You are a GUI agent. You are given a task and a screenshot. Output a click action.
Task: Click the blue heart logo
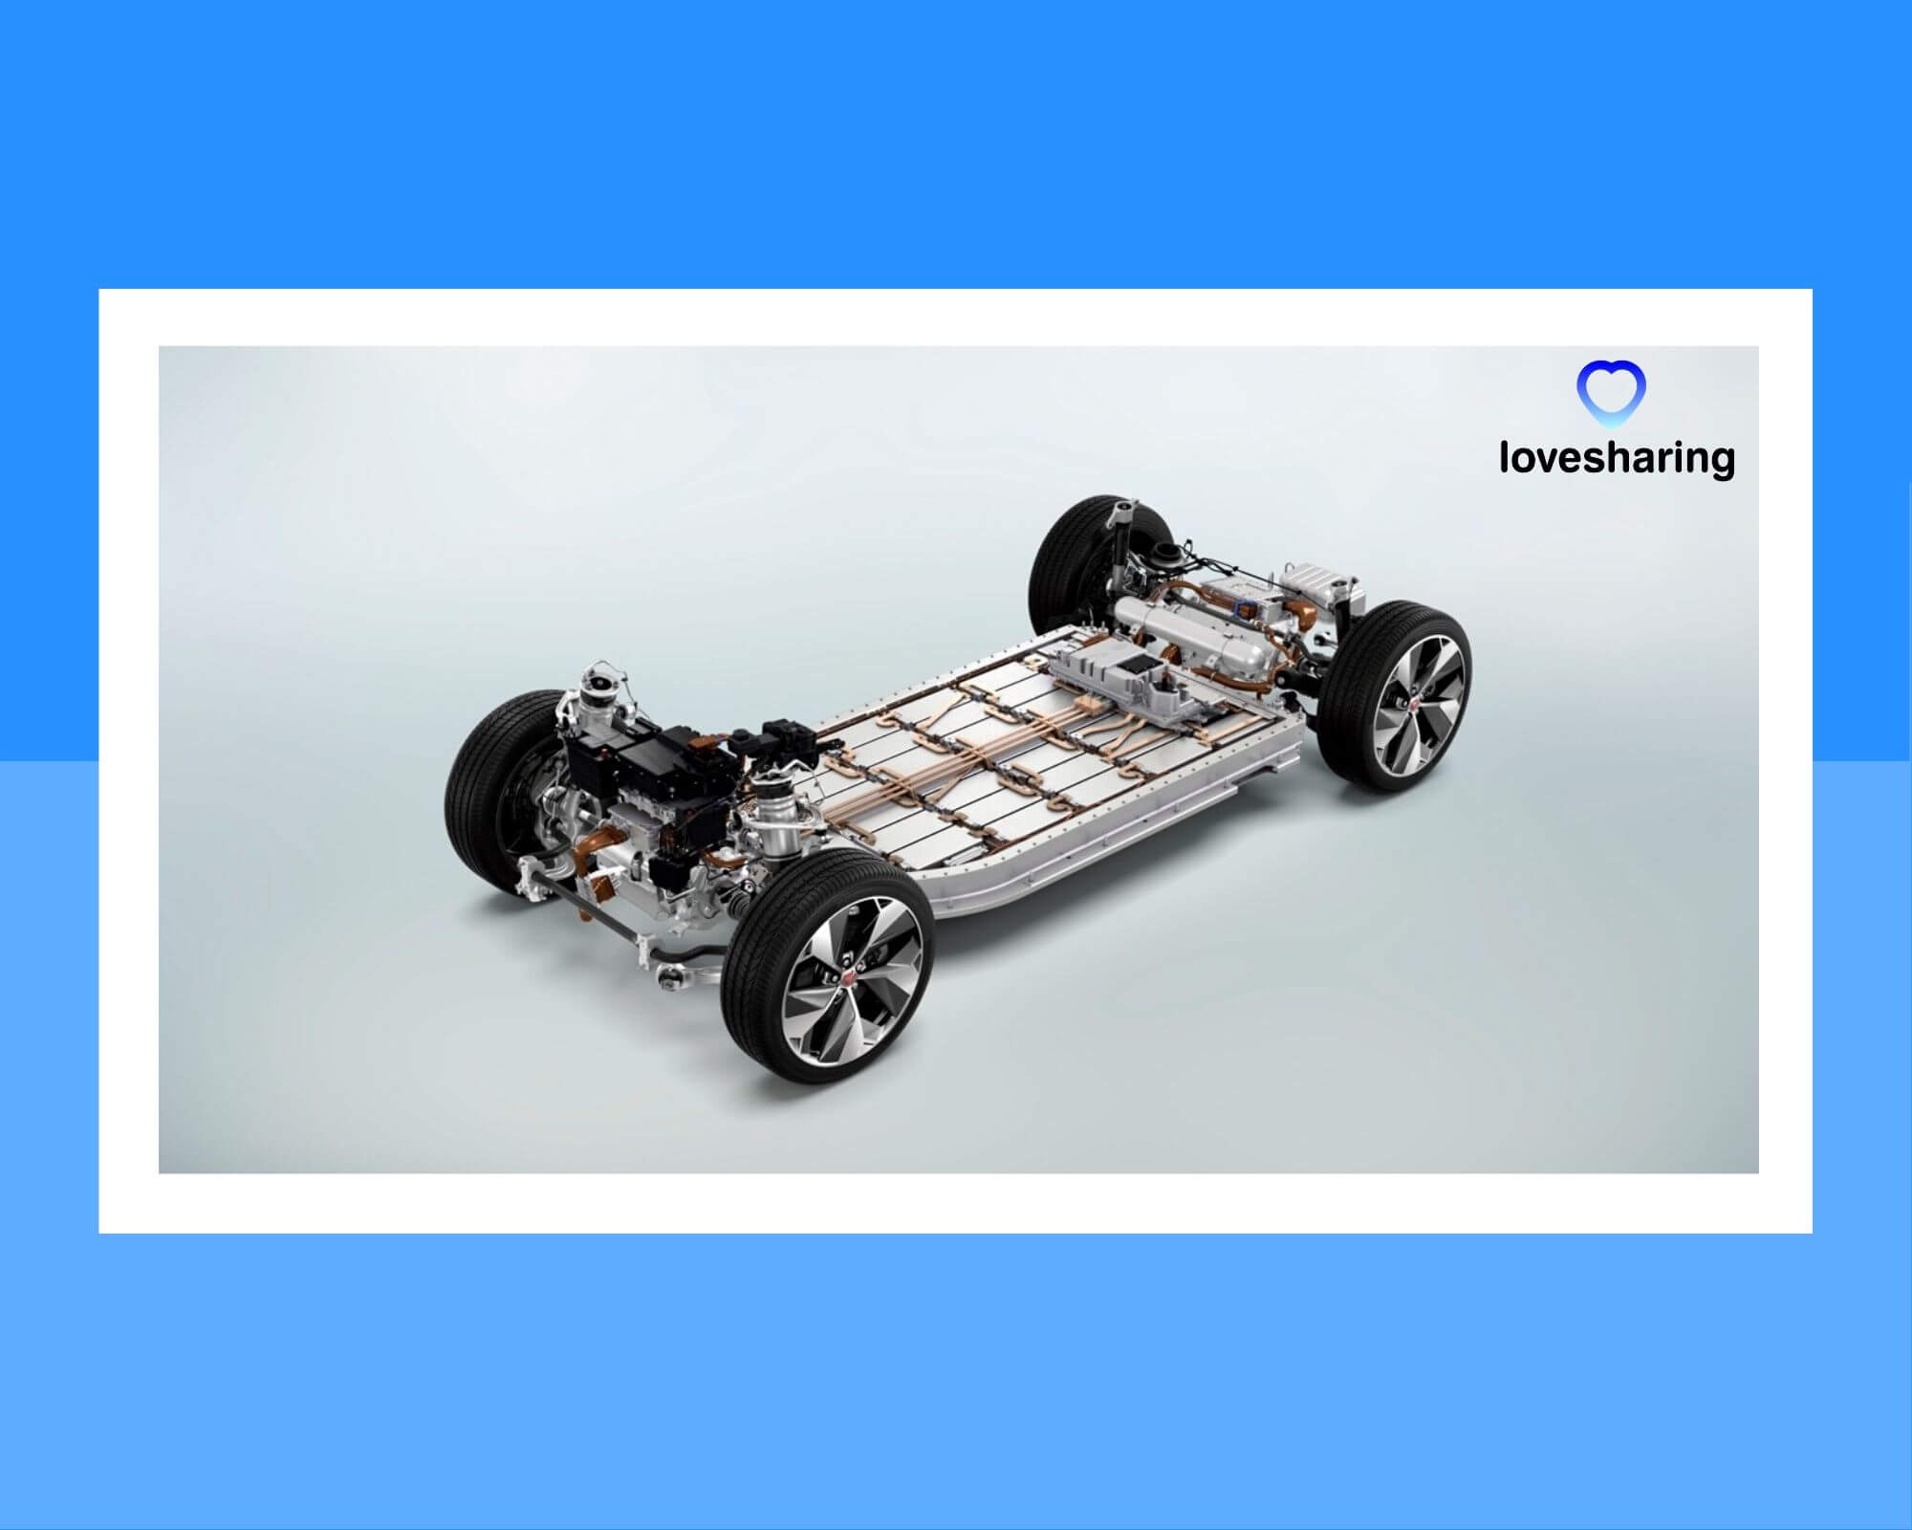pyautogui.click(x=1611, y=392)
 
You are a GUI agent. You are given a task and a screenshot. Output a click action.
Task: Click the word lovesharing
pyautogui.click(x=1617, y=457)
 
